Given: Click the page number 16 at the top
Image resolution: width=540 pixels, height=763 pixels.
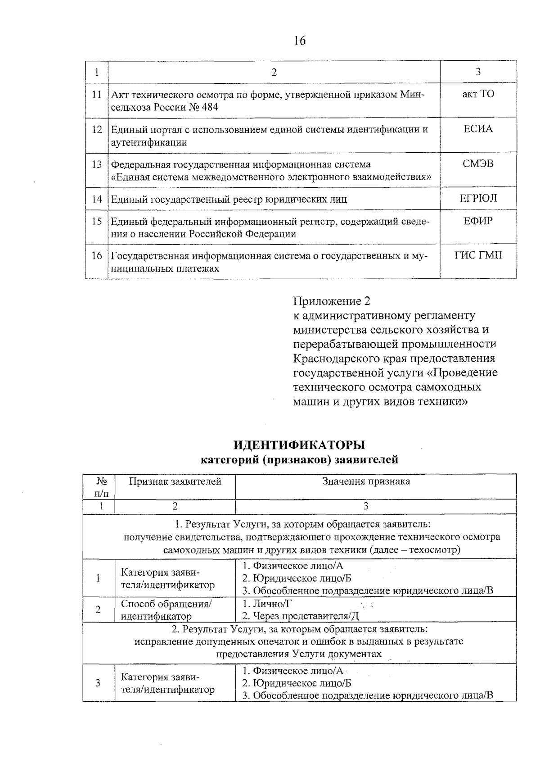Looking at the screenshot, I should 299,41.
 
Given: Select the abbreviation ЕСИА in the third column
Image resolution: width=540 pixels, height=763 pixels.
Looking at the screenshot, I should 478,129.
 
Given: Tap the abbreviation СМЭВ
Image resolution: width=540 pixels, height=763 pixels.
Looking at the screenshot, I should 478,164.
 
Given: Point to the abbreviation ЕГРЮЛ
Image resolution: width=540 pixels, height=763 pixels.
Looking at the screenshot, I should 478,199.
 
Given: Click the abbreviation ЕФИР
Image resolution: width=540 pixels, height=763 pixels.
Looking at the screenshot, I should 478,221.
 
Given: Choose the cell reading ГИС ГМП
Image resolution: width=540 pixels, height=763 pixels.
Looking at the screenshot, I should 478,256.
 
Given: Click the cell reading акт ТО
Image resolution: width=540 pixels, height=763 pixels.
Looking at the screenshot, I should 478,95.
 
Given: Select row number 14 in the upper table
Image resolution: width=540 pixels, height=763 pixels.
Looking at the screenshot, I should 97,199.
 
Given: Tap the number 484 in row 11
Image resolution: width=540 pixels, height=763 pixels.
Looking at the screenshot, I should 210,108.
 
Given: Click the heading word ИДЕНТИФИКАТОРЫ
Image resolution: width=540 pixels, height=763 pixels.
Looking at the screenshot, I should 299,445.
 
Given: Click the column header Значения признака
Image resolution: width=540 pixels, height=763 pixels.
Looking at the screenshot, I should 366,481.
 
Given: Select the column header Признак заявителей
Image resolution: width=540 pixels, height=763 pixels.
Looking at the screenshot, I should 175,481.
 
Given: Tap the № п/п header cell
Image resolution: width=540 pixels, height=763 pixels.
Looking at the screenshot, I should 99,487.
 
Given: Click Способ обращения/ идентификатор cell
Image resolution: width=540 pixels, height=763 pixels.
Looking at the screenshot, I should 166,609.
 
